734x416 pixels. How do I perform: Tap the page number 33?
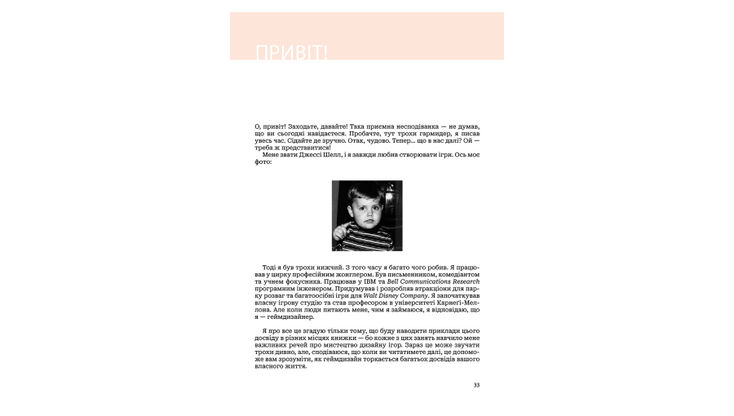click(x=476, y=385)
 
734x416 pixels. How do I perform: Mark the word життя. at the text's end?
click(x=294, y=366)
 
